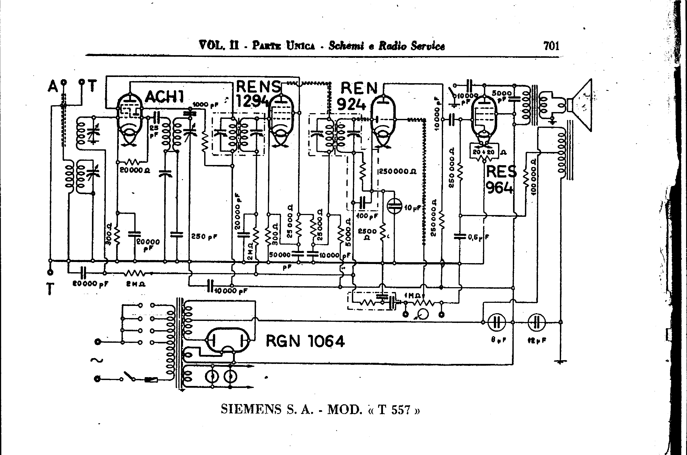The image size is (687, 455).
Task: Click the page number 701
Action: pyautogui.click(x=551, y=46)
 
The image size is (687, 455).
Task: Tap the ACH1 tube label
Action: pyautogui.click(x=164, y=96)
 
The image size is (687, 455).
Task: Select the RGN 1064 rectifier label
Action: pyautogui.click(x=305, y=341)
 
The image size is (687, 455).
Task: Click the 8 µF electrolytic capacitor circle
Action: pyautogui.click(x=497, y=322)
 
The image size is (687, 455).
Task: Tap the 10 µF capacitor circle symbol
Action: pyautogui.click(x=394, y=206)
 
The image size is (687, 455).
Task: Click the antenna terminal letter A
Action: pyautogui.click(x=53, y=86)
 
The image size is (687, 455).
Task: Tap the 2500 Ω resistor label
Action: pyautogui.click(x=367, y=234)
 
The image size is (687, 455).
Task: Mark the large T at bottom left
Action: pyautogui.click(x=50, y=289)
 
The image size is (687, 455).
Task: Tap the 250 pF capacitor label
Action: pyautogui.click(x=204, y=236)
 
